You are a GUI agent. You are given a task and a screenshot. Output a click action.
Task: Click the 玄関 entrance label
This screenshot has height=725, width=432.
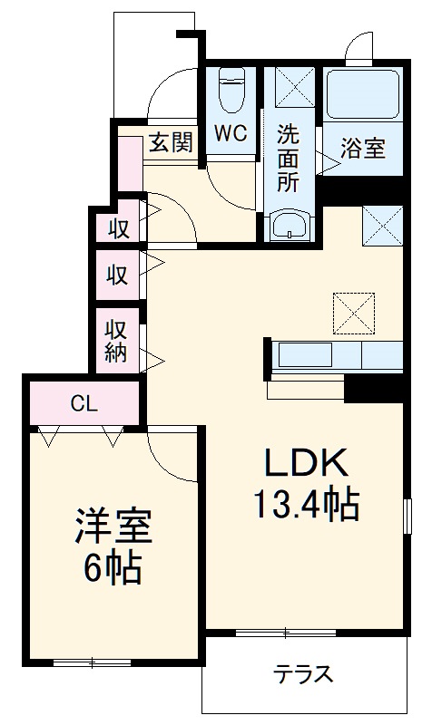(170, 141)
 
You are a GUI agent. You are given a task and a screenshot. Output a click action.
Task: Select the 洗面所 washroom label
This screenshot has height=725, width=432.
(288, 155)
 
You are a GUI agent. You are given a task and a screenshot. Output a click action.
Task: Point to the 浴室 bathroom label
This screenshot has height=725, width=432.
(362, 149)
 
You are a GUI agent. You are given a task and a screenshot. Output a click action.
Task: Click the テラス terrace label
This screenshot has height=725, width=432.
(304, 675)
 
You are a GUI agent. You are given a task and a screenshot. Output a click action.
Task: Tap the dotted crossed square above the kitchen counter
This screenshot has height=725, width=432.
(353, 313)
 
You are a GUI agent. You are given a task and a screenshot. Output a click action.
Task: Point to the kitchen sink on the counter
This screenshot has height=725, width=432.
(305, 354)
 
